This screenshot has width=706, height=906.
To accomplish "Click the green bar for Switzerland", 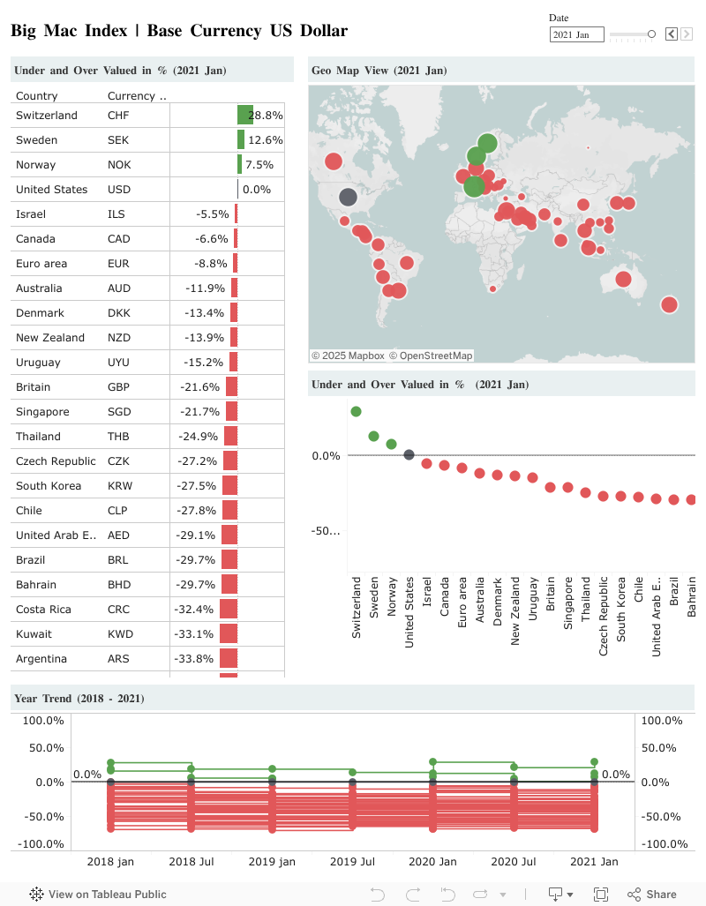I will [x=244, y=116].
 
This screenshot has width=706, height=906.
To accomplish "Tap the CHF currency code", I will [x=118, y=116].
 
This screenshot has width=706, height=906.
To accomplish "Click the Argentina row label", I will [x=41, y=659].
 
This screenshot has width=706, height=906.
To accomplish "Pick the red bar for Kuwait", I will [x=229, y=634].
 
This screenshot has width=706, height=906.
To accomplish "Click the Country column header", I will [x=37, y=96].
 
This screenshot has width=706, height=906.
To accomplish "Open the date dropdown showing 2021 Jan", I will [x=577, y=34].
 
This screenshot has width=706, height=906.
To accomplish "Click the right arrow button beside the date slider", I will [x=687, y=34].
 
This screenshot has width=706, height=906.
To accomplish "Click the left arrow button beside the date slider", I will [x=671, y=34].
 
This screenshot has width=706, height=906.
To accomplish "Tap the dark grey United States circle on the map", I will [x=348, y=198].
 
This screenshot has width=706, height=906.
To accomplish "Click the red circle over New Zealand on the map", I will [x=669, y=305].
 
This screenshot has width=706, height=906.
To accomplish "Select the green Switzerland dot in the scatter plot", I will [x=356, y=411].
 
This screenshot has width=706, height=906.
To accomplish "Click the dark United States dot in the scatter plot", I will [x=409, y=455].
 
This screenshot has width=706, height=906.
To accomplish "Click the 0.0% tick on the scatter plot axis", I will [x=326, y=455].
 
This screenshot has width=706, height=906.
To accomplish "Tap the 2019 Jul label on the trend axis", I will [x=352, y=861].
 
